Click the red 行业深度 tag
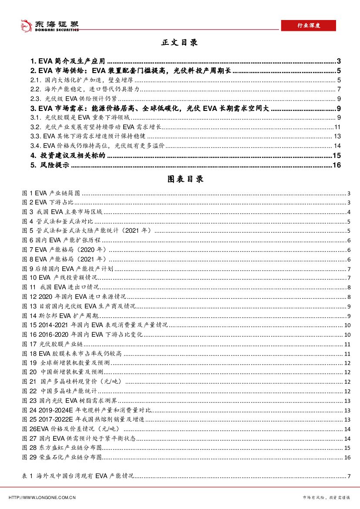[308, 25]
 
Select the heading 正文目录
[179, 43]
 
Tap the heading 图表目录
[179, 179]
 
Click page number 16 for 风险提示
[347, 165]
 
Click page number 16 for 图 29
[347, 457]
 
